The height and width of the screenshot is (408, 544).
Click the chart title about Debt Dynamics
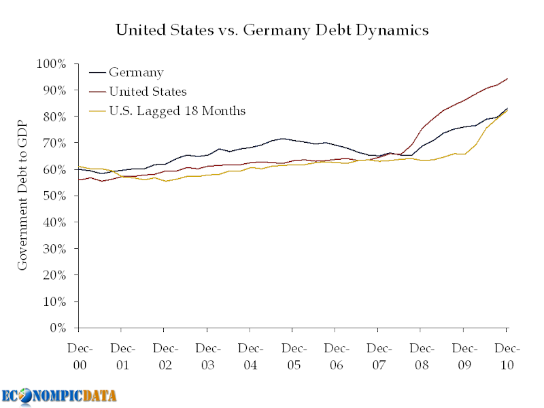coord(272,30)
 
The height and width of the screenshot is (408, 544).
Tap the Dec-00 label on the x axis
coord(80,356)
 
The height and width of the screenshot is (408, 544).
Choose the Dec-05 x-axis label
coord(293,356)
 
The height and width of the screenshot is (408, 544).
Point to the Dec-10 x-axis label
coord(507,356)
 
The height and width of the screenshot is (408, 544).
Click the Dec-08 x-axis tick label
coord(421,356)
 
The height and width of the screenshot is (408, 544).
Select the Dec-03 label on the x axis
coord(207,356)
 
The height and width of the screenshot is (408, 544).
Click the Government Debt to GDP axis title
coord(22,194)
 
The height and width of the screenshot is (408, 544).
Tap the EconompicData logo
coord(58,395)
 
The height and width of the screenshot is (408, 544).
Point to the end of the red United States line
coord(507,79)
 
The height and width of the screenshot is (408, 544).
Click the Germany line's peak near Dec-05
coord(282,139)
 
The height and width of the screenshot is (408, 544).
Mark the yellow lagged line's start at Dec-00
coord(80,166)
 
